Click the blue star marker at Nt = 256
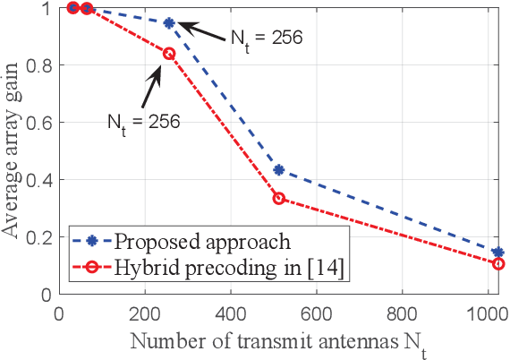coord(168,22)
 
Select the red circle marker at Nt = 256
coord(168,54)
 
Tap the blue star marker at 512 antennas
coord(278,169)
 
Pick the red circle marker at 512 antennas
coord(278,198)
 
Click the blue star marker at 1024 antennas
coord(498,253)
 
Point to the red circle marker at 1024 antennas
coord(498,263)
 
